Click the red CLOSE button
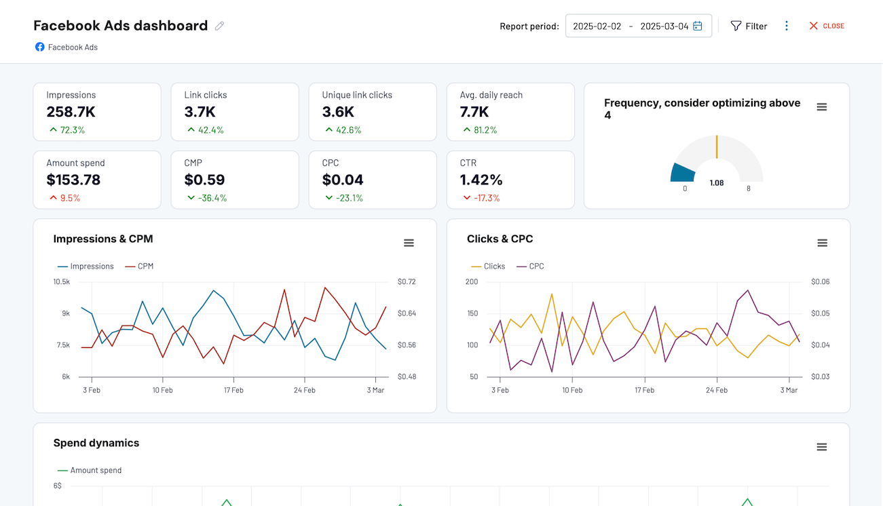[x=826, y=26]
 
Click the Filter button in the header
[x=749, y=26]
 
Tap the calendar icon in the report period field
[x=698, y=26]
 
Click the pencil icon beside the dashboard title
[x=219, y=26]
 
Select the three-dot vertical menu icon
[x=787, y=26]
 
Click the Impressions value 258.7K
[x=71, y=112]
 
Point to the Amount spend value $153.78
[x=73, y=180]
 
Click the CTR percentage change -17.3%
[x=486, y=198]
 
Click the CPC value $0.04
[x=343, y=180]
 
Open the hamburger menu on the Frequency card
[x=822, y=107]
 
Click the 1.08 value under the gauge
[x=717, y=183]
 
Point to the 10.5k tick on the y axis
[x=62, y=281]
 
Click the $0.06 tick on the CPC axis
[x=820, y=281]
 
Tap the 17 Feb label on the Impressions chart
[x=233, y=390]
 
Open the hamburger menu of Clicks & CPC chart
[x=822, y=243]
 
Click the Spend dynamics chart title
[x=96, y=443]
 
